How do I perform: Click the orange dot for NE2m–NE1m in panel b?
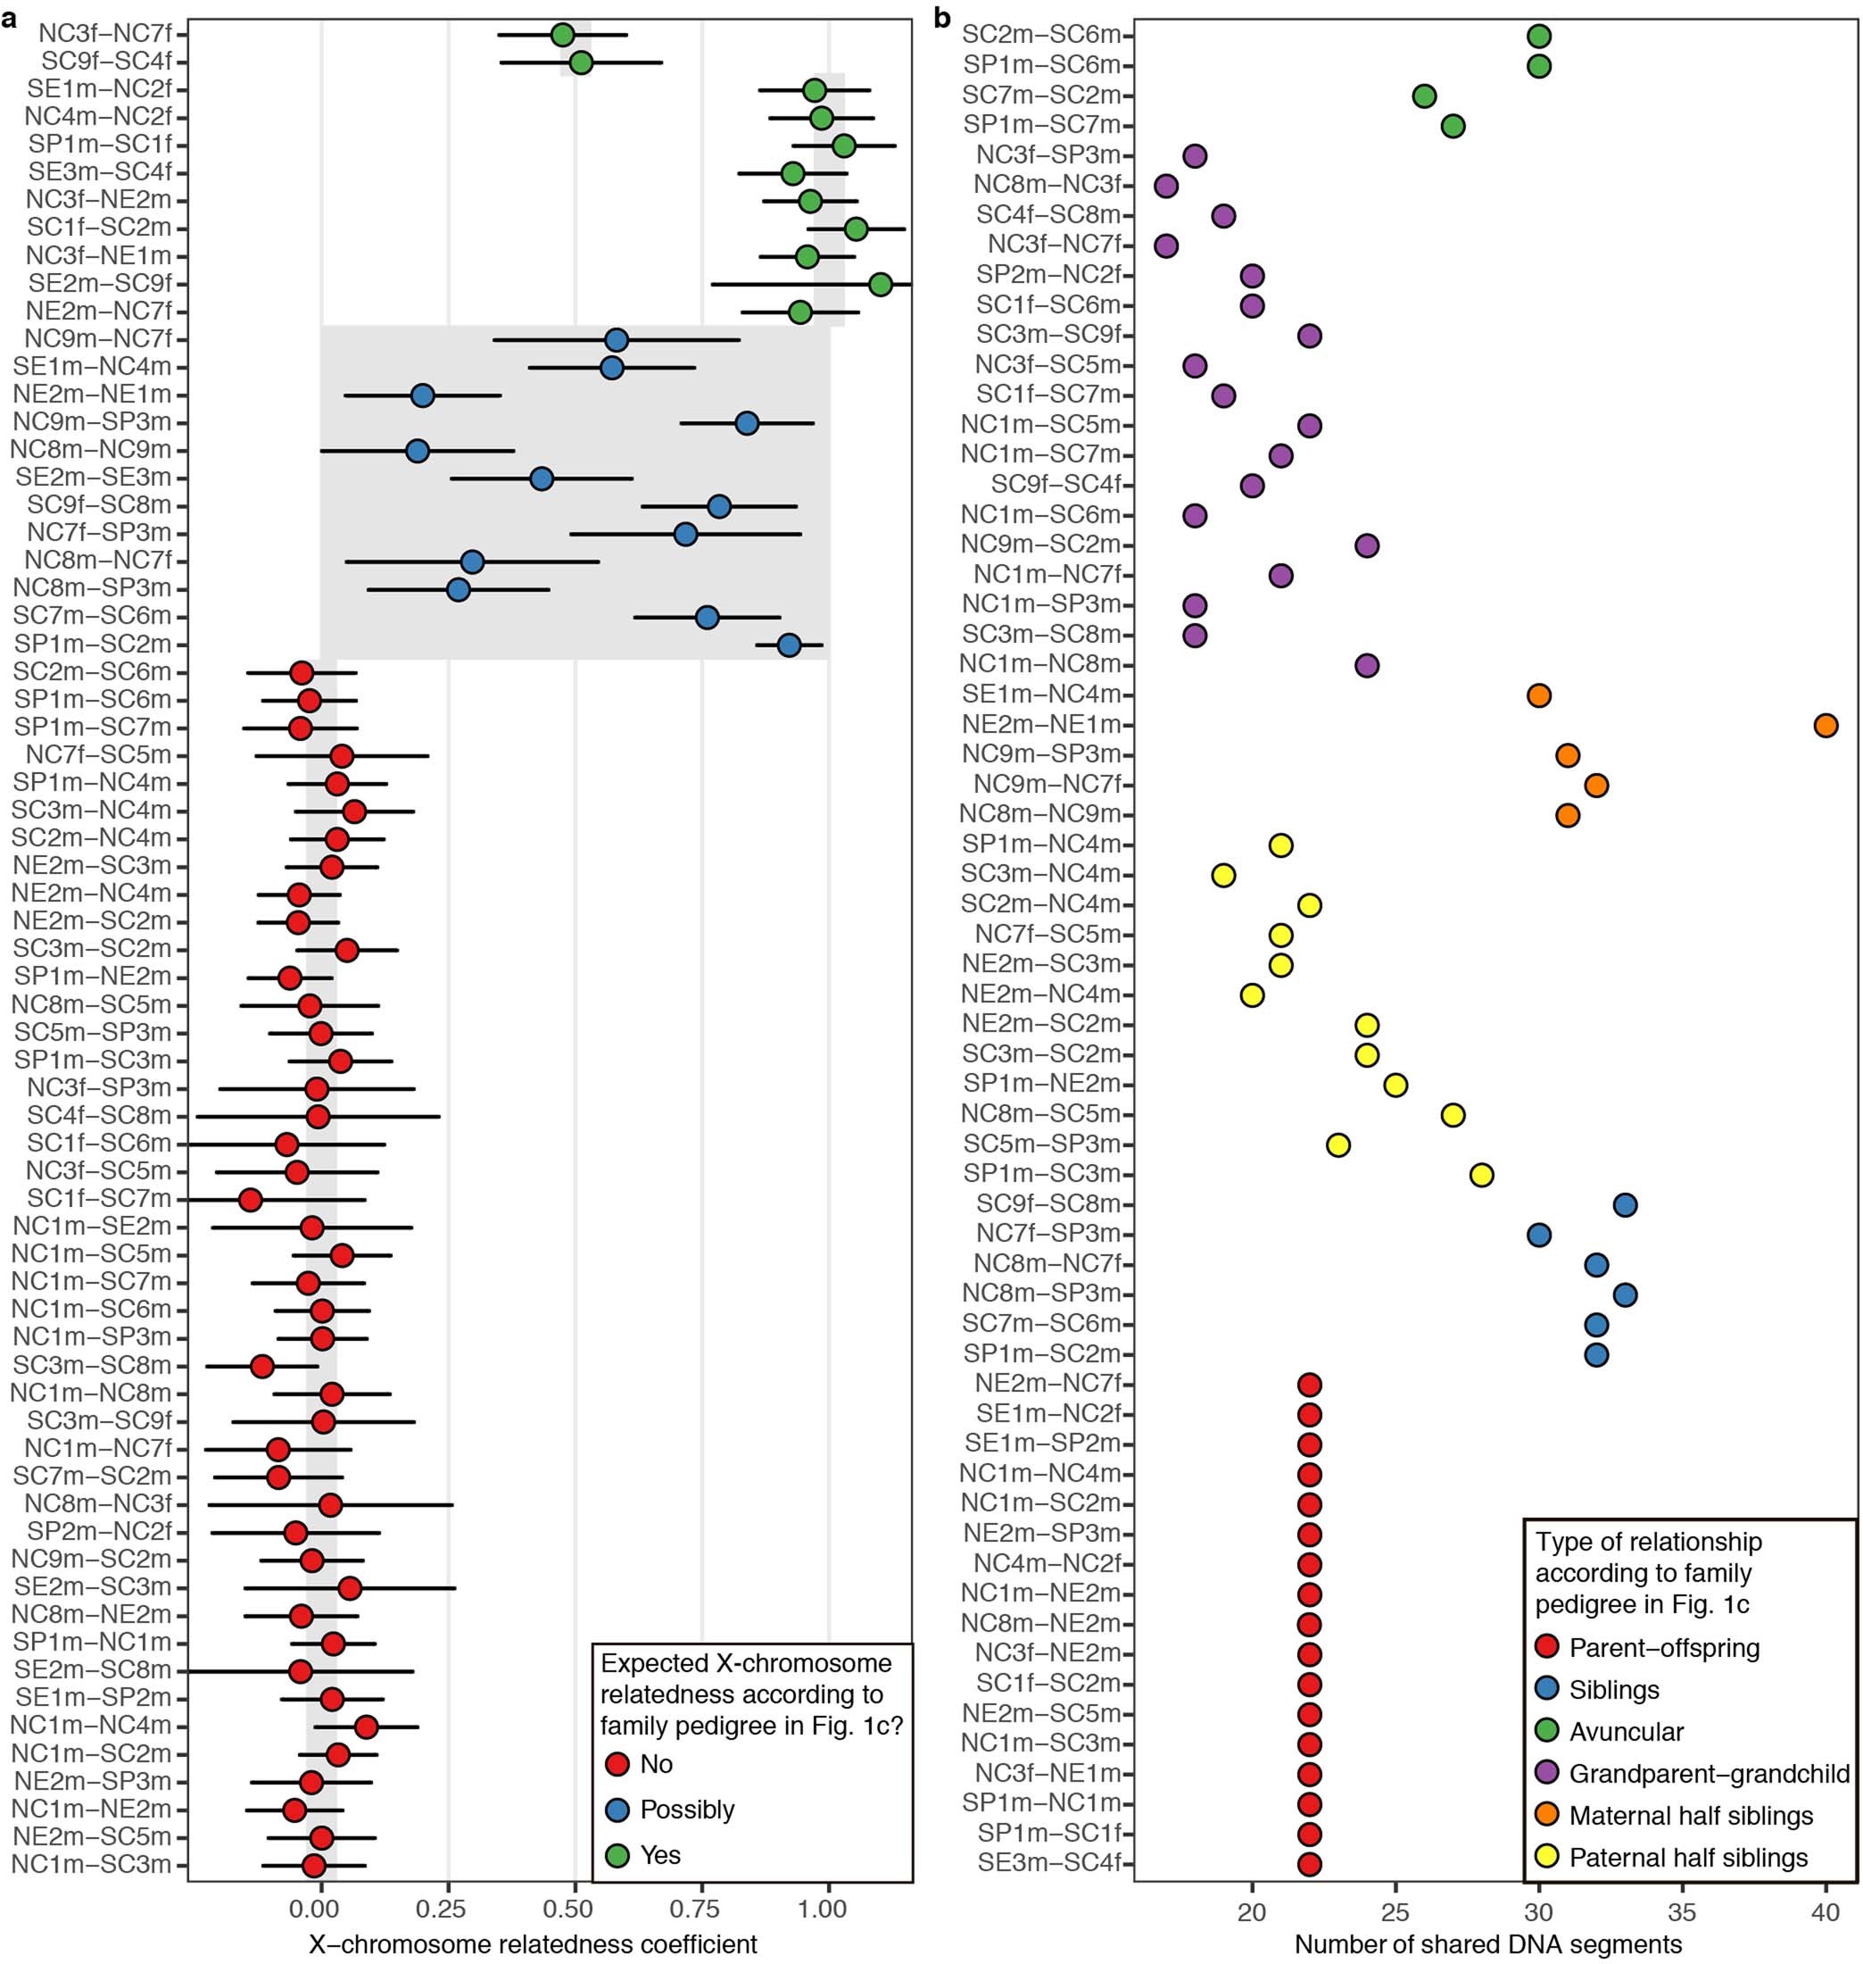1826,725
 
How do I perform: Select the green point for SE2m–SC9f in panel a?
880,285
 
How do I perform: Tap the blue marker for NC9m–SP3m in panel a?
747,423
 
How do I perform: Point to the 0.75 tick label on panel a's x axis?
701,1909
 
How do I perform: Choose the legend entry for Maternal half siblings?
1690,1815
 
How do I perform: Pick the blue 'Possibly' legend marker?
617,1809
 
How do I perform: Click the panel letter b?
941,18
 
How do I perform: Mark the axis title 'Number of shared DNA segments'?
1487,1943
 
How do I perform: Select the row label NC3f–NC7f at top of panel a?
105,35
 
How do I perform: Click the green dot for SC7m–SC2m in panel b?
1424,96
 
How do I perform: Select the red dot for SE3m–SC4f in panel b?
1310,1862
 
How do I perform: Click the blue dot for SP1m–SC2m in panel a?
789,645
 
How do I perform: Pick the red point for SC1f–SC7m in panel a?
250,1200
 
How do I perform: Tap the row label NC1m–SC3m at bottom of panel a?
91,1865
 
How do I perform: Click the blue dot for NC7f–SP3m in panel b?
1538,1235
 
